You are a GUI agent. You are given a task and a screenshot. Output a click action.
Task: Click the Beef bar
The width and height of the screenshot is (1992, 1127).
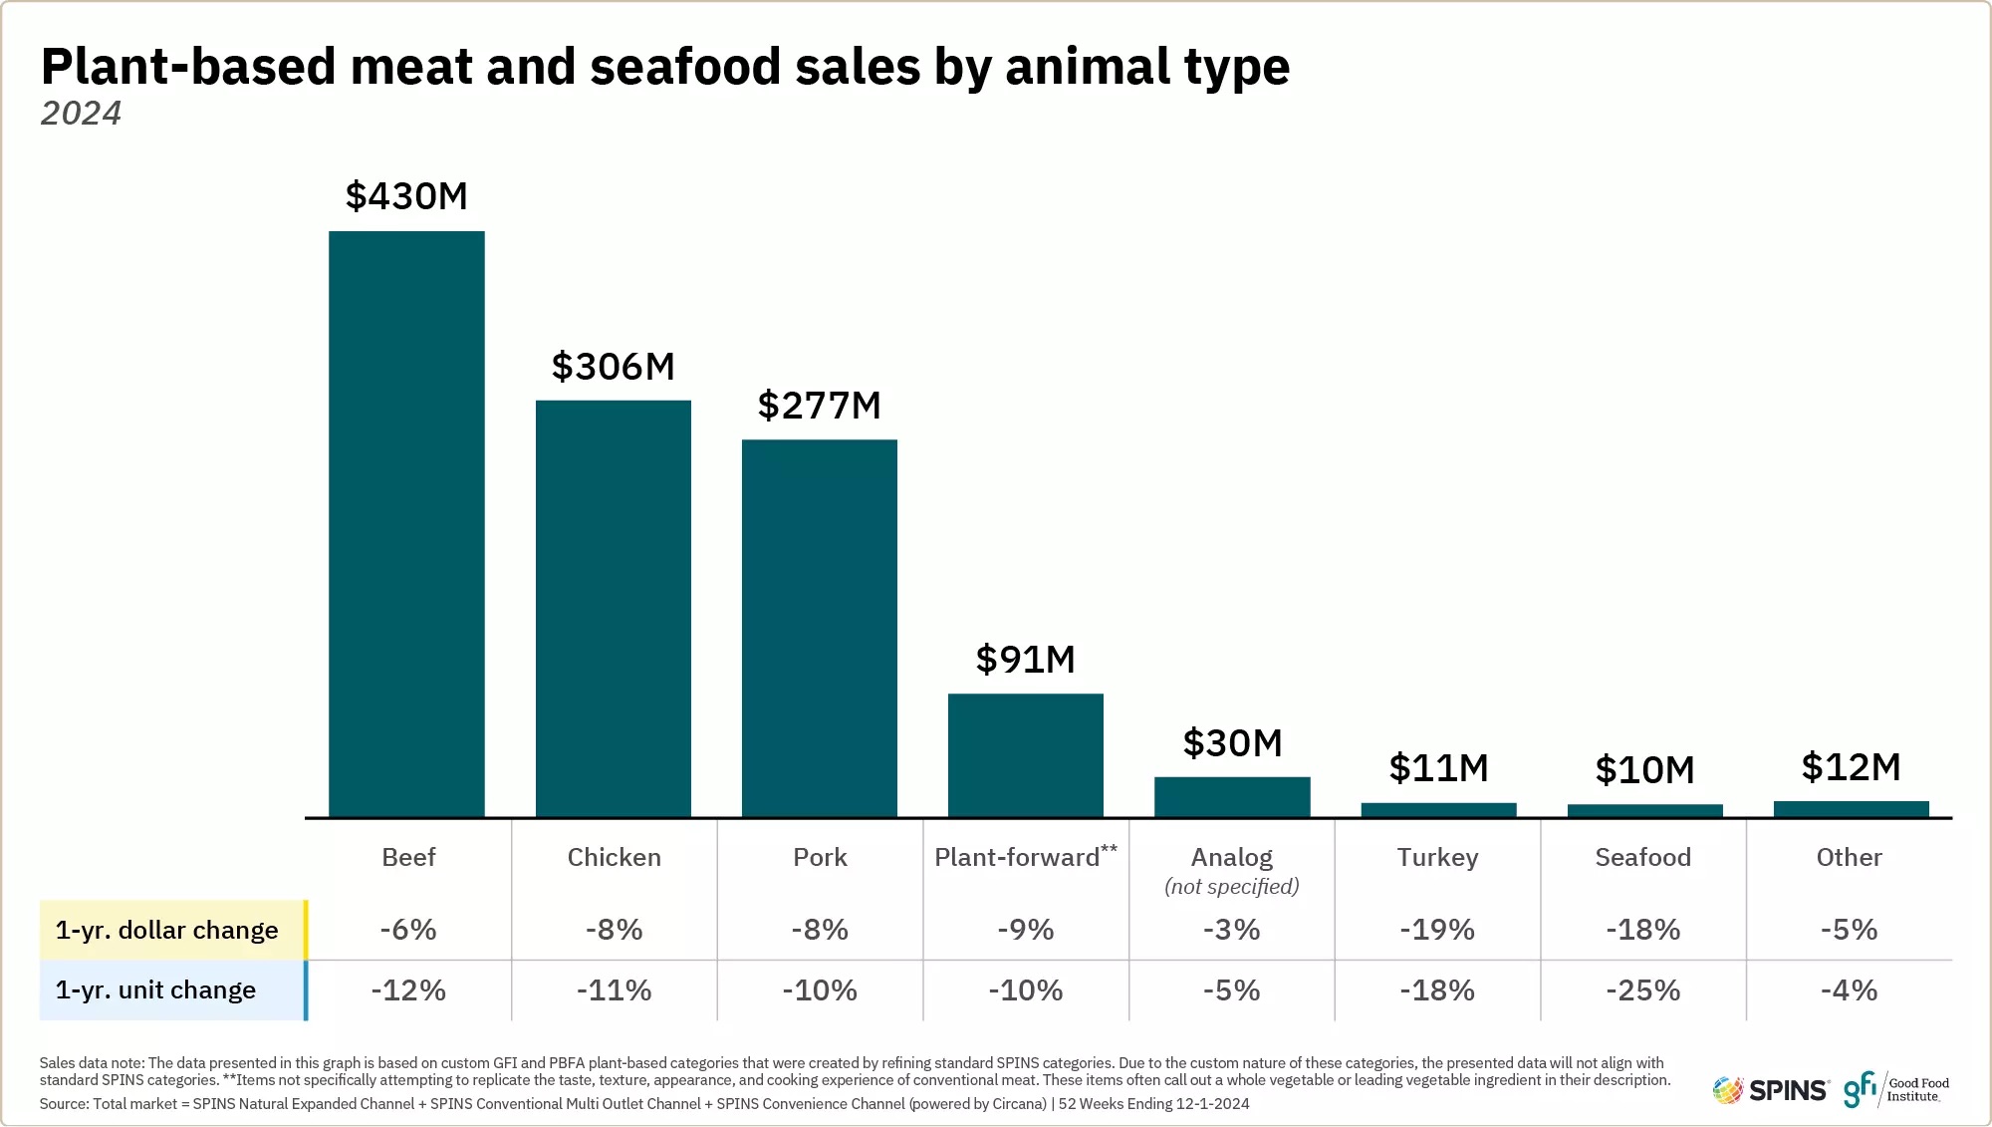click(x=406, y=524)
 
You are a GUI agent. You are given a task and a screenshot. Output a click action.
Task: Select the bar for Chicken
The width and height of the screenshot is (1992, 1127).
click(x=614, y=609)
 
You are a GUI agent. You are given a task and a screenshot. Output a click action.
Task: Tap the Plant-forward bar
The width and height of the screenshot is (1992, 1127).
click(x=1026, y=755)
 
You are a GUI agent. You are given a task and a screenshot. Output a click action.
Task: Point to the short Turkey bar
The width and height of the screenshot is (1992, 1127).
click(x=1439, y=810)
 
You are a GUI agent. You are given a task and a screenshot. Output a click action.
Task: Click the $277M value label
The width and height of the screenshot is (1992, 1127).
click(x=820, y=406)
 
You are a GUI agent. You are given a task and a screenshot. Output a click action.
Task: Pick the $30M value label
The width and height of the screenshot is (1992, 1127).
click(x=1232, y=743)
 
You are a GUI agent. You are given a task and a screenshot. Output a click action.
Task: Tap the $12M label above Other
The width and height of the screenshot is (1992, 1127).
click(x=1852, y=767)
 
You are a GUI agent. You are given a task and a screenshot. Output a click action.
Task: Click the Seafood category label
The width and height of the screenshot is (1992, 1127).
click(x=1643, y=857)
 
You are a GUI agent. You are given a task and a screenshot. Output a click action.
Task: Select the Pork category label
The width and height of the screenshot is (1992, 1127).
click(x=820, y=857)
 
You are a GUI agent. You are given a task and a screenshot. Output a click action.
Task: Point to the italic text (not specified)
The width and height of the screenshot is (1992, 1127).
click(x=1232, y=886)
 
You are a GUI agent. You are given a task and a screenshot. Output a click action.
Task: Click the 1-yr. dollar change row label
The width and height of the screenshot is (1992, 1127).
click(x=167, y=930)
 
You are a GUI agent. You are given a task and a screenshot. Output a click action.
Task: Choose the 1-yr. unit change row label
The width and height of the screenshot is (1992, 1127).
click(x=155, y=989)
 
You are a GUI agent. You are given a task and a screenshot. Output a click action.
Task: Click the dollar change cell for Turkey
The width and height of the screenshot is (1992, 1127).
click(x=1437, y=930)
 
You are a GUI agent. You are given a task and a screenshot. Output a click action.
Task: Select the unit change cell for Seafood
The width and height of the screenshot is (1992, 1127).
click(x=1643, y=990)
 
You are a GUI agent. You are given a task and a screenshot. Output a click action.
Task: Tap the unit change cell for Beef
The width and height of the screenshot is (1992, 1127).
click(x=408, y=990)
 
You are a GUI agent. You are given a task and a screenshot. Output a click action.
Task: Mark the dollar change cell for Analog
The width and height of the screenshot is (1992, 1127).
click(x=1232, y=930)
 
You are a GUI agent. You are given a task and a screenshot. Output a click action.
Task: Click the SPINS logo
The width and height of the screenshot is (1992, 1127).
click(x=1771, y=1090)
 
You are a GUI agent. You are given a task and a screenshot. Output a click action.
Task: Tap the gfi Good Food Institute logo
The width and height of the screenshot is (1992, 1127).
click(x=1896, y=1089)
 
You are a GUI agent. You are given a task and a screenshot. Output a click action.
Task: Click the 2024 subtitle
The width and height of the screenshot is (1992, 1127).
click(x=81, y=114)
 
